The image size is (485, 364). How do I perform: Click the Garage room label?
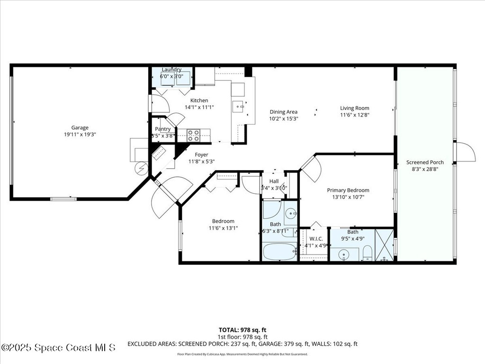point(80,127)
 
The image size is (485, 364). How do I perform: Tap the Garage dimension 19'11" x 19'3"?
point(80,134)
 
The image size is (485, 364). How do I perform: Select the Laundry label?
point(171,70)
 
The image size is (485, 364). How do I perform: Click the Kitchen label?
point(199,100)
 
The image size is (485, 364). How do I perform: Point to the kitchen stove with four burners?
point(193,135)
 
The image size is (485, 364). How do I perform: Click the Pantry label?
point(162,129)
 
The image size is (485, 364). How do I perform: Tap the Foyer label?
point(202,155)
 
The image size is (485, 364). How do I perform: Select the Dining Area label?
point(283,112)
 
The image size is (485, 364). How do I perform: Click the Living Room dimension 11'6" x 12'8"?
point(354,115)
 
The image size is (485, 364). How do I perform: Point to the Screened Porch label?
point(425,162)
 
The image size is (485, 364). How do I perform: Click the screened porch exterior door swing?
point(465,153)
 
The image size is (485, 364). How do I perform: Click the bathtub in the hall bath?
point(279,251)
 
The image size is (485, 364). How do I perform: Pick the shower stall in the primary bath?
point(384,245)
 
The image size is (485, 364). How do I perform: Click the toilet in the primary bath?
point(367,253)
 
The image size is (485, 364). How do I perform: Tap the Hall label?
point(274,181)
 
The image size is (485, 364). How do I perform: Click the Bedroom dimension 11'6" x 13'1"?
point(223,228)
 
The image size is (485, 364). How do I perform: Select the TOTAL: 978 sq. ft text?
point(242,329)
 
